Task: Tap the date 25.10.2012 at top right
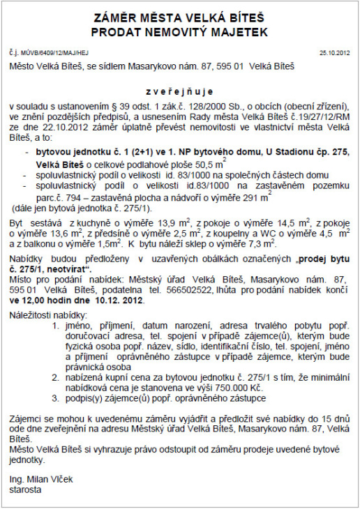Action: pyautogui.click(x=334, y=52)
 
